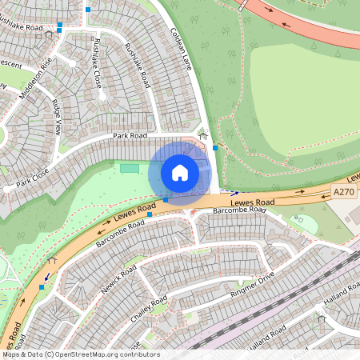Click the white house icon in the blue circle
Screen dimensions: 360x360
[x=180, y=173]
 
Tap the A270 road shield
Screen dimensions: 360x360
[x=343, y=192]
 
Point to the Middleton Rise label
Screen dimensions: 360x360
[x=39, y=71]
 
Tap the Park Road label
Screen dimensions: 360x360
[x=131, y=136]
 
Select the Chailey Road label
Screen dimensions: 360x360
[x=150, y=308]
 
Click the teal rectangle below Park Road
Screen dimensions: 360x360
[x=129, y=168]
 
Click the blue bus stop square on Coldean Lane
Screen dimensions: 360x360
[x=214, y=148]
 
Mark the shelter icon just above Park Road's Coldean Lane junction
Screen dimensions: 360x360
[x=203, y=136]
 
